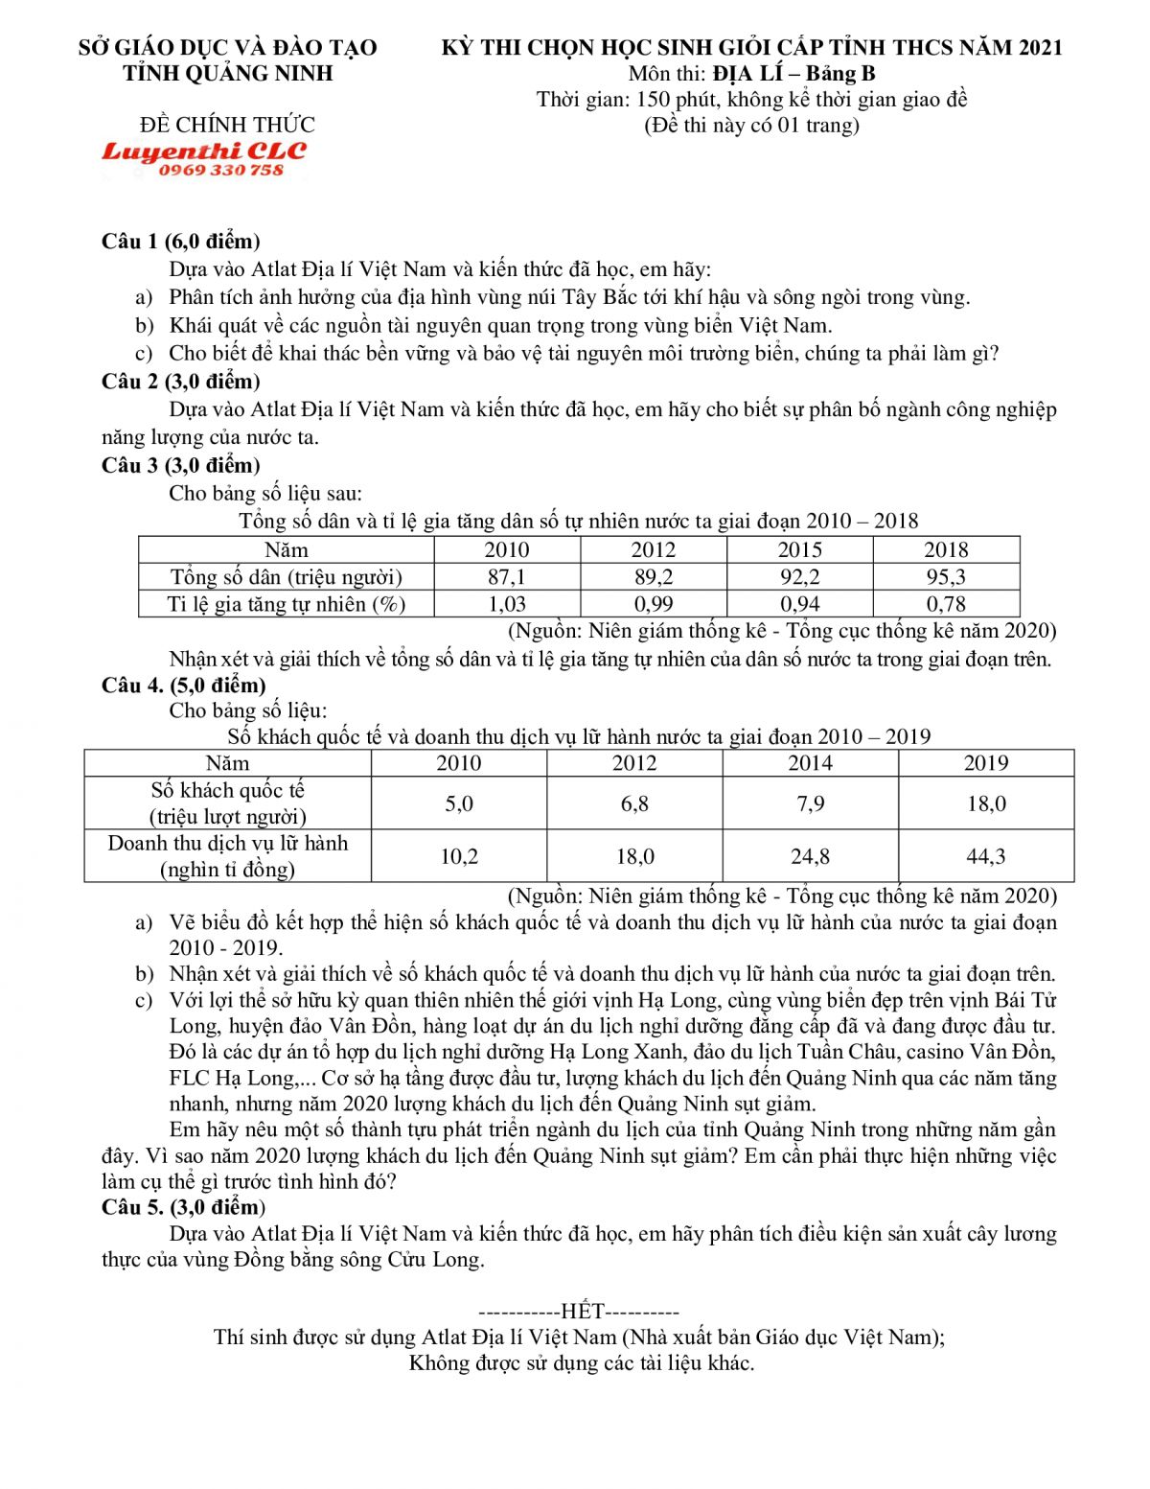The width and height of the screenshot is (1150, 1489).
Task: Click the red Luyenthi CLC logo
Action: pos(204,151)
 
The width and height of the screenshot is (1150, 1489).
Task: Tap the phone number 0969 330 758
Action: pos(221,171)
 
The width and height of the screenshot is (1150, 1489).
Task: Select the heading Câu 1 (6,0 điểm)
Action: pos(181,241)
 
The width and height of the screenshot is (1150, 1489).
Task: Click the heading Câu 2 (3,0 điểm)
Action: pos(181,382)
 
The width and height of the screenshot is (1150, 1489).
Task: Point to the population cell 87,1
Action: pos(506,576)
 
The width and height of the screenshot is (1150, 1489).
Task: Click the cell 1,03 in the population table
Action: pos(506,604)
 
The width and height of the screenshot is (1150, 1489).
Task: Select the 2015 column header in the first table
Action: pos(799,549)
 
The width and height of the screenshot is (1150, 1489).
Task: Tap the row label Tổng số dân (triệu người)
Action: pos(286,576)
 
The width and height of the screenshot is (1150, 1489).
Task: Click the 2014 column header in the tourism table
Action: pos(810,763)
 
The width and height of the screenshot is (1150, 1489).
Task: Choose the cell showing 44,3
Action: pos(985,855)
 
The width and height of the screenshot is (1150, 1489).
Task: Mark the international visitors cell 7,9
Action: pos(810,803)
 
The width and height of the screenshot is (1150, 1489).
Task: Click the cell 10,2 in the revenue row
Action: pos(458,855)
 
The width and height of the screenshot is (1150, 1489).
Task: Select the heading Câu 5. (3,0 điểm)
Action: pos(184,1207)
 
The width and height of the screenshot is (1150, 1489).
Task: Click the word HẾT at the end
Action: pos(581,1311)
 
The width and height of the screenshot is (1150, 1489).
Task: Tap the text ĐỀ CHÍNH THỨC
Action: pos(227,125)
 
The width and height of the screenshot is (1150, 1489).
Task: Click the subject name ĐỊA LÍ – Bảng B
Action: pos(793,74)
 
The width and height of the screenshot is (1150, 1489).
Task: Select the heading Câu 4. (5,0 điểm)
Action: pos(184,685)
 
